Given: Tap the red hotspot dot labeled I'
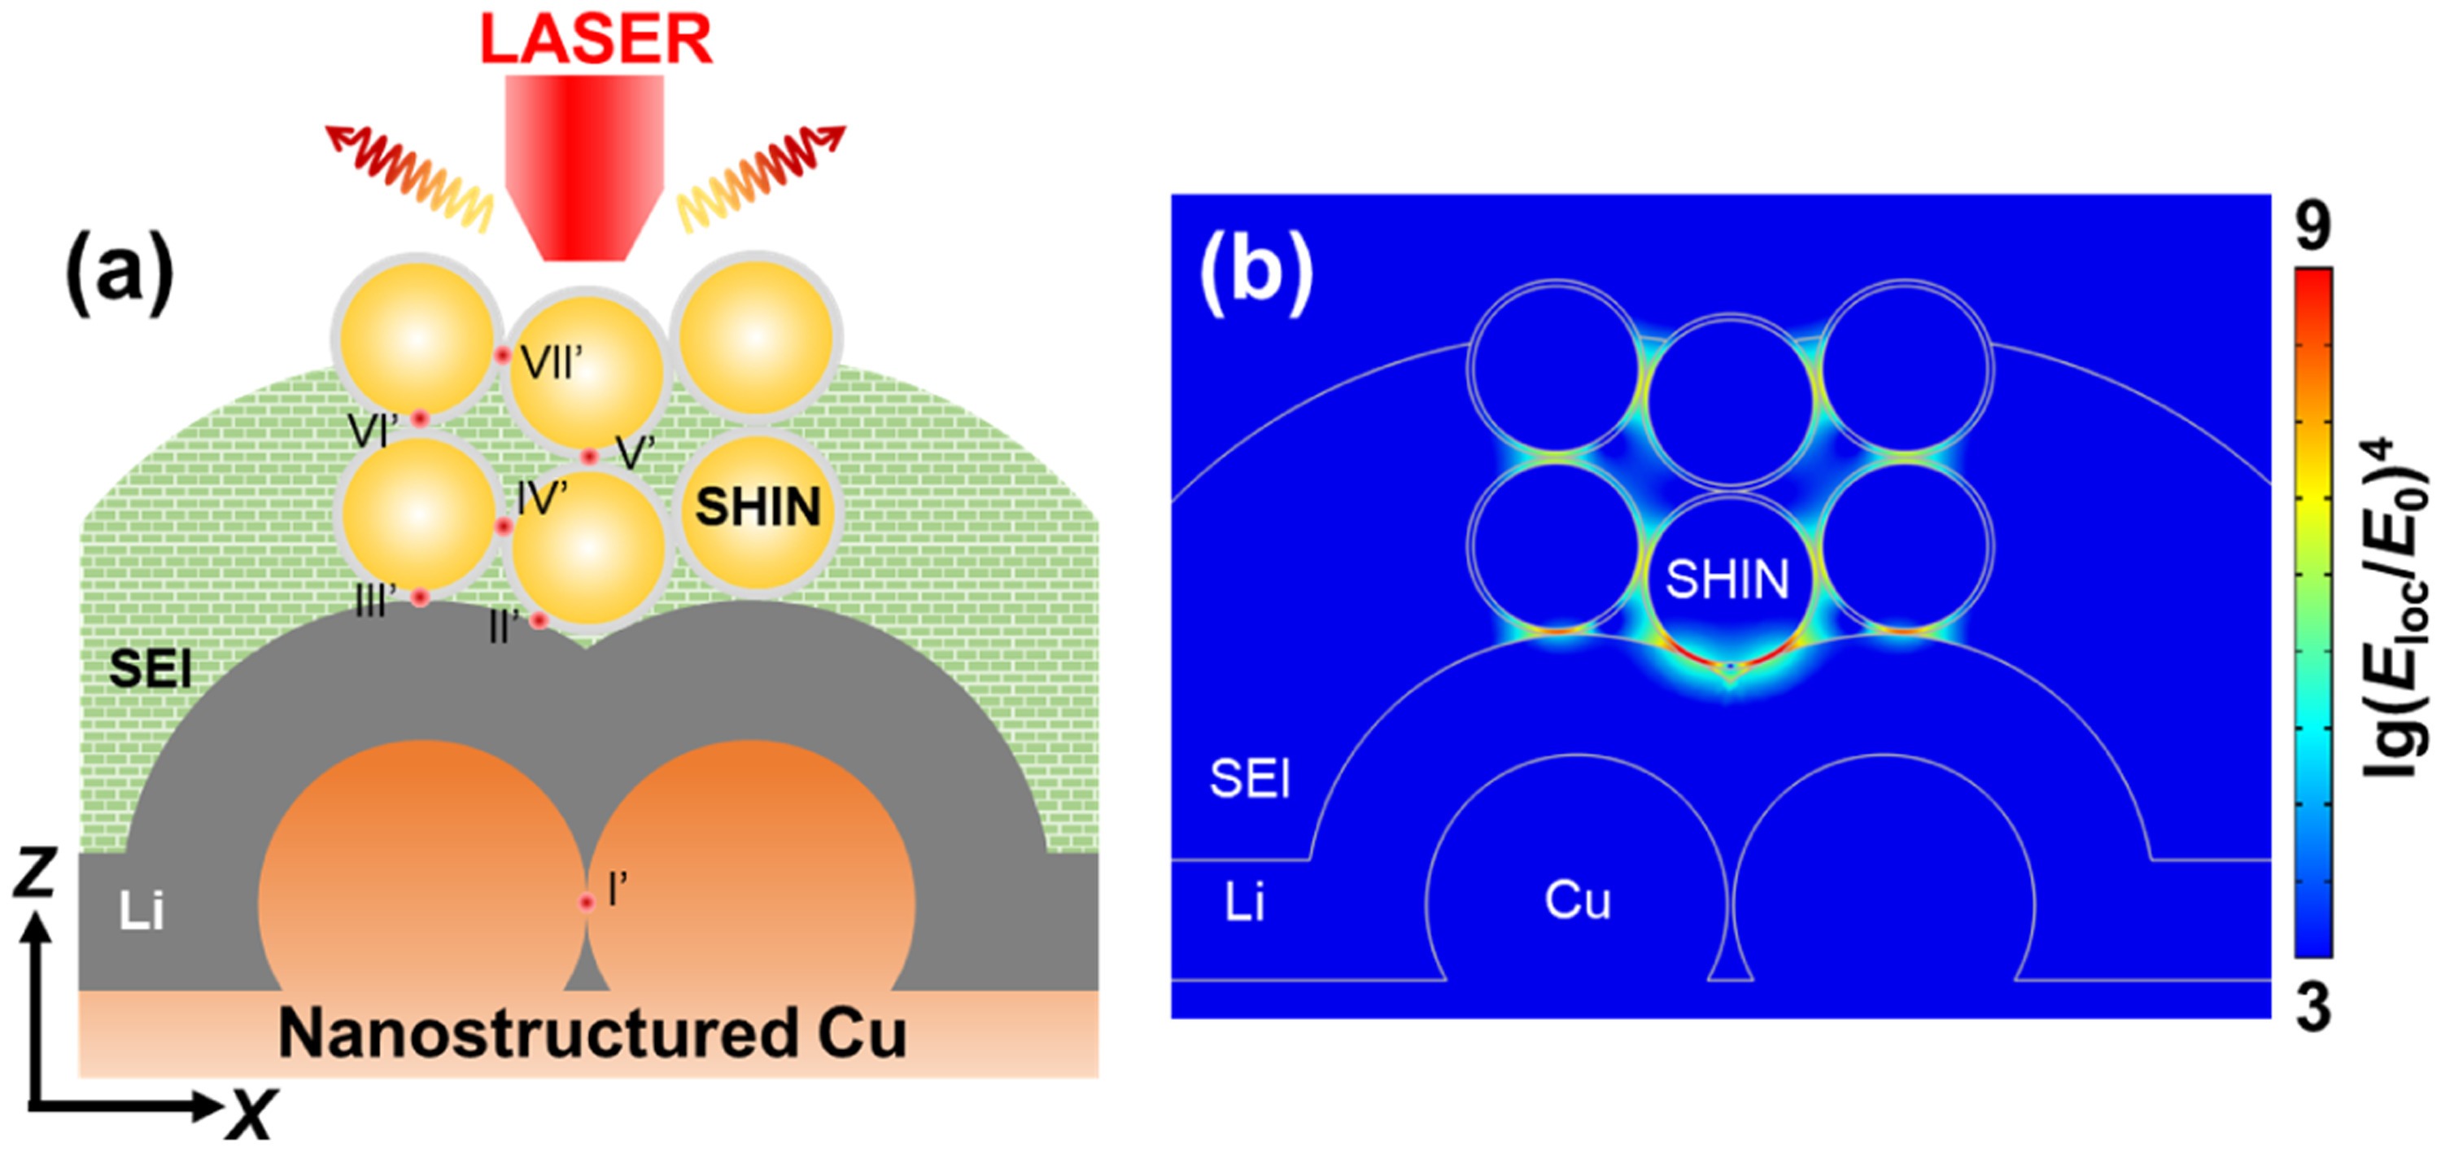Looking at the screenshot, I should pyautogui.click(x=587, y=903).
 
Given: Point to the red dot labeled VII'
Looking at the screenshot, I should pyautogui.click(x=503, y=356).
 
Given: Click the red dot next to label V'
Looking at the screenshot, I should pyautogui.click(x=589, y=457).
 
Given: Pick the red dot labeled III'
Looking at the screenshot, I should pyautogui.click(x=420, y=597).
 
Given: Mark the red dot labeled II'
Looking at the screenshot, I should pyautogui.click(x=538, y=621).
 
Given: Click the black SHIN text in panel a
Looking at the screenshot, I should pyautogui.click(x=758, y=507).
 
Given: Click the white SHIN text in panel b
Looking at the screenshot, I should pyautogui.click(x=1727, y=580).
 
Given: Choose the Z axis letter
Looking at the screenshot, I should pyautogui.click(x=35, y=873).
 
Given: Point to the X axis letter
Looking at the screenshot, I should pyautogui.click(x=251, y=1114).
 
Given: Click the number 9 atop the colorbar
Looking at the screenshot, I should pyautogui.click(x=2313, y=228).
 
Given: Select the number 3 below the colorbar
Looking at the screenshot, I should pyautogui.click(x=2313, y=1008).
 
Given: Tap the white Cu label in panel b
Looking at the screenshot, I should pyautogui.click(x=1578, y=899).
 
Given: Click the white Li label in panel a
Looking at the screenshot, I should pyautogui.click(x=142, y=911).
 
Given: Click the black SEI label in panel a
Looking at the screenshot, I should pyautogui.click(x=151, y=669).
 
